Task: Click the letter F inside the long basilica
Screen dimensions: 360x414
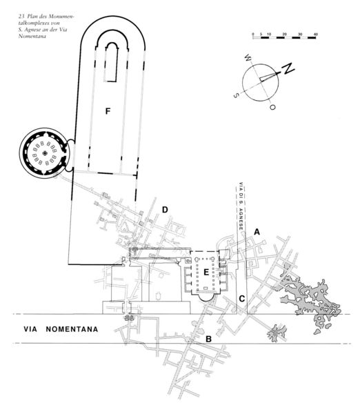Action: [108, 111]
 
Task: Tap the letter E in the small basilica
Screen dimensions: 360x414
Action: [206, 273]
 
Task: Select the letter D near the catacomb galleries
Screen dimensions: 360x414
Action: [165, 210]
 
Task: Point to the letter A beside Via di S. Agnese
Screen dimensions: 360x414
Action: [257, 232]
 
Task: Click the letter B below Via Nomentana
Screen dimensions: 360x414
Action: [208, 339]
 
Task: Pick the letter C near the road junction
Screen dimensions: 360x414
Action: [242, 299]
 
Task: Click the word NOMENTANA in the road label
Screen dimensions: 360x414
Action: [72, 329]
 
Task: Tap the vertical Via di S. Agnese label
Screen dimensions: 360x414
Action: [241, 206]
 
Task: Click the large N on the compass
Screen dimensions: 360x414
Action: [288, 68]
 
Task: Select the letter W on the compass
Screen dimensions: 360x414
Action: [248, 57]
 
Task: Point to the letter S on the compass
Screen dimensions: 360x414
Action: [237, 95]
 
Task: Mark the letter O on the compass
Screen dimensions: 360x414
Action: [272, 107]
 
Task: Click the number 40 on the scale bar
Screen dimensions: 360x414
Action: [315, 34]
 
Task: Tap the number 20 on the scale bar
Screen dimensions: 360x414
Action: [285, 34]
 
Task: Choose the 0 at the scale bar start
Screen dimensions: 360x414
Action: [253, 34]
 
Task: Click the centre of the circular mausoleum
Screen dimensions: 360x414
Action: [45, 153]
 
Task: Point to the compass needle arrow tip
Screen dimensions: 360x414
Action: [279, 73]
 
